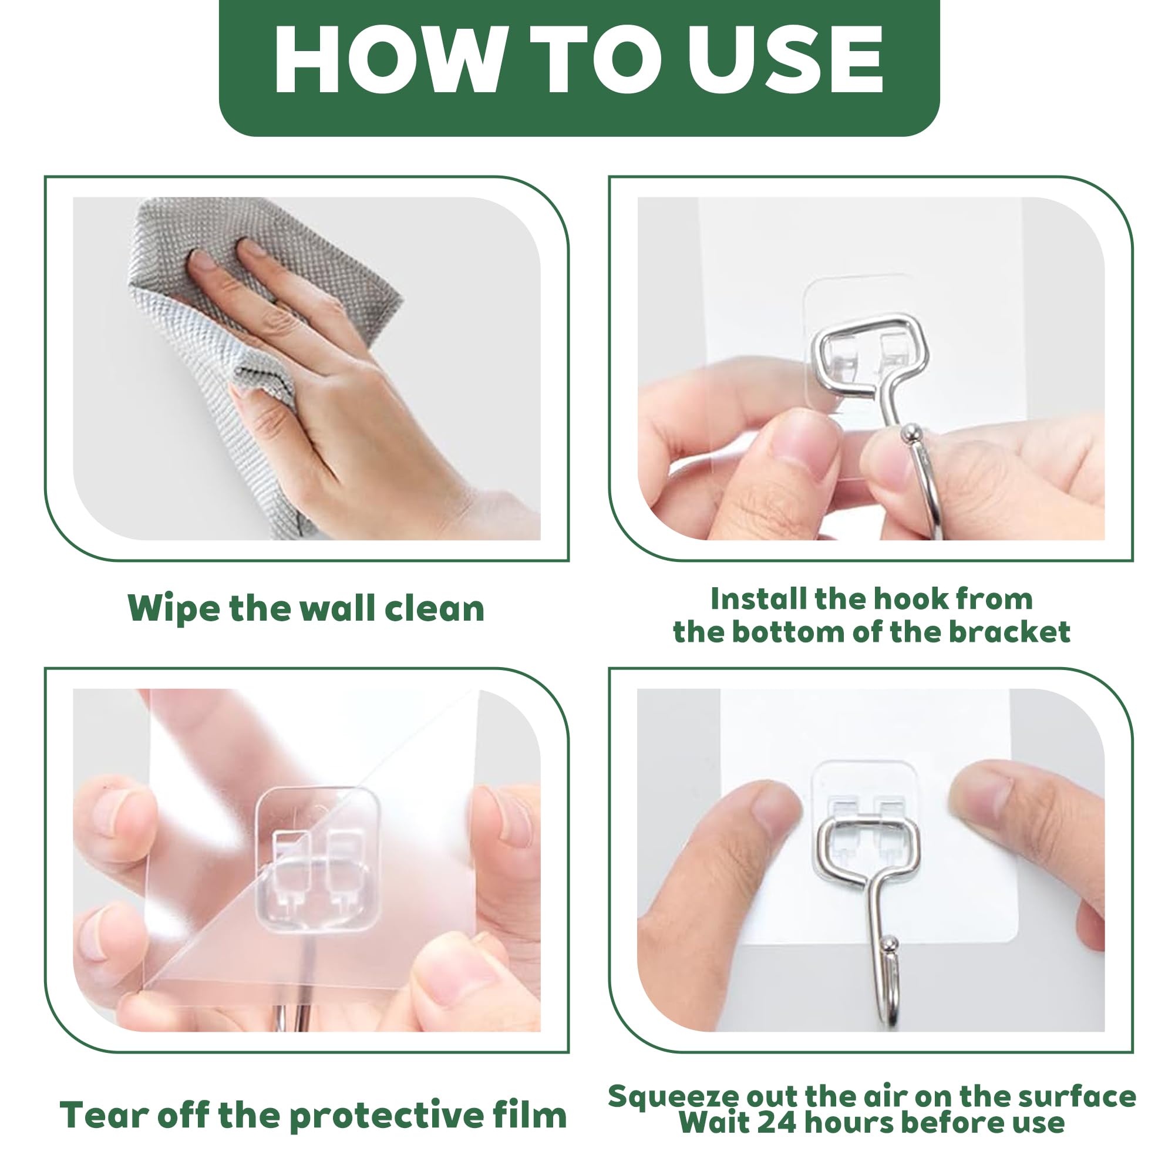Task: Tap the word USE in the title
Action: [785, 60]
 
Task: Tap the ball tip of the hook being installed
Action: [910, 432]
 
